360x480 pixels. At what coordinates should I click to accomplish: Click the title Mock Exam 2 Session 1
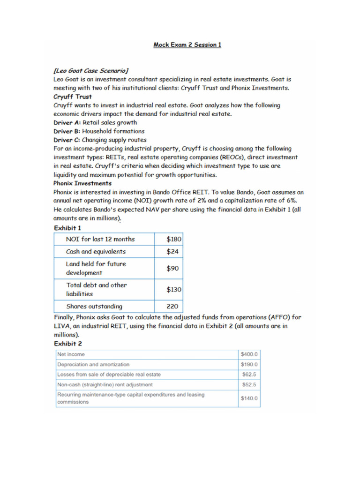(x=187, y=45)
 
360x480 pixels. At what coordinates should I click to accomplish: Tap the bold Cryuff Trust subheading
(x=73, y=97)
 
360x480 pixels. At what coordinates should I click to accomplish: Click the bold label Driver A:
(x=67, y=122)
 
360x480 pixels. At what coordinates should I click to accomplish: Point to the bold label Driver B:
(x=67, y=131)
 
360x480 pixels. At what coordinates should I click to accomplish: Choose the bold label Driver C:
(x=67, y=140)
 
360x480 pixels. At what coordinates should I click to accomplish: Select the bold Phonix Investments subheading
(x=82, y=183)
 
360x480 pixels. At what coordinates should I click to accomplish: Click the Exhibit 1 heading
(x=67, y=228)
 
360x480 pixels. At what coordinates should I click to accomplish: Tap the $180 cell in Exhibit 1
(x=174, y=239)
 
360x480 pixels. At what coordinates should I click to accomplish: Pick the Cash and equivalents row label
(x=96, y=252)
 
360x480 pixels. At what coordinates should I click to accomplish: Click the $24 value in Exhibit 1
(x=172, y=252)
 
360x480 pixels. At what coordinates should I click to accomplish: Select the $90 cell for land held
(x=172, y=269)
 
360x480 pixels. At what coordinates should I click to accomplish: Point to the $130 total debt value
(x=174, y=290)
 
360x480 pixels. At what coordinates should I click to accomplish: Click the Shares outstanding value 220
(x=172, y=307)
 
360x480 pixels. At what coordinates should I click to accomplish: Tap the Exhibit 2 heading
(x=67, y=343)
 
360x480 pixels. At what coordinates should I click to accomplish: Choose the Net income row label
(x=71, y=354)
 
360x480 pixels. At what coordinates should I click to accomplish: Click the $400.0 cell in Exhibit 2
(x=249, y=354)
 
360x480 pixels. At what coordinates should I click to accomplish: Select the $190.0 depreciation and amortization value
(x=249, y=364)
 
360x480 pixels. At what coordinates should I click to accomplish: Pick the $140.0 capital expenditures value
(x=249, y=398)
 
